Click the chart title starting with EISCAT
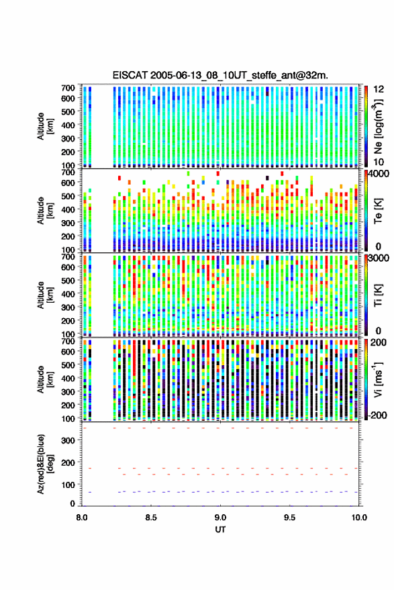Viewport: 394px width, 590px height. click(220, 75)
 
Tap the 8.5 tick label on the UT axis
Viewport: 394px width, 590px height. click(151, 518)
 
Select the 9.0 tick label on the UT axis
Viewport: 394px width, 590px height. click(221, 518)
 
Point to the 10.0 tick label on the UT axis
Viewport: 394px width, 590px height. click(359, 518)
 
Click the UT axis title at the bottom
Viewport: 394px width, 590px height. click(220, 530)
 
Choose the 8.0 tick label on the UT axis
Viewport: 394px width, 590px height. click(82, 518)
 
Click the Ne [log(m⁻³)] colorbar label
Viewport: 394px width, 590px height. click(379, 126)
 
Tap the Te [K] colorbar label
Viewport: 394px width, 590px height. click(378, 211)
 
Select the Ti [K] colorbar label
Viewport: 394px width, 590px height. click(378, 295)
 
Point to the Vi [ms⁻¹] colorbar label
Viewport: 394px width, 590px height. click(378, 379)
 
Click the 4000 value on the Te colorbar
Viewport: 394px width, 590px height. click(379, 175)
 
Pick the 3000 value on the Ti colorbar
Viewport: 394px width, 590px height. click(379, 258)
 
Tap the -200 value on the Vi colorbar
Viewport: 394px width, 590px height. click(377, 415)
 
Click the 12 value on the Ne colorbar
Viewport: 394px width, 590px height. click(379, 89)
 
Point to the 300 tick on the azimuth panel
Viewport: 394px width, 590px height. click(68, 440)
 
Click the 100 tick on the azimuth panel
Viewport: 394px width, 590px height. click(68, 485)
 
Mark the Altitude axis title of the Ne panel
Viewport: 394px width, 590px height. click(45, 126)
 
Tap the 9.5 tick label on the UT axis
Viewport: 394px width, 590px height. click(289, 518)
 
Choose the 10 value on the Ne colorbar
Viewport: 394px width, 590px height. click(379, 162)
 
